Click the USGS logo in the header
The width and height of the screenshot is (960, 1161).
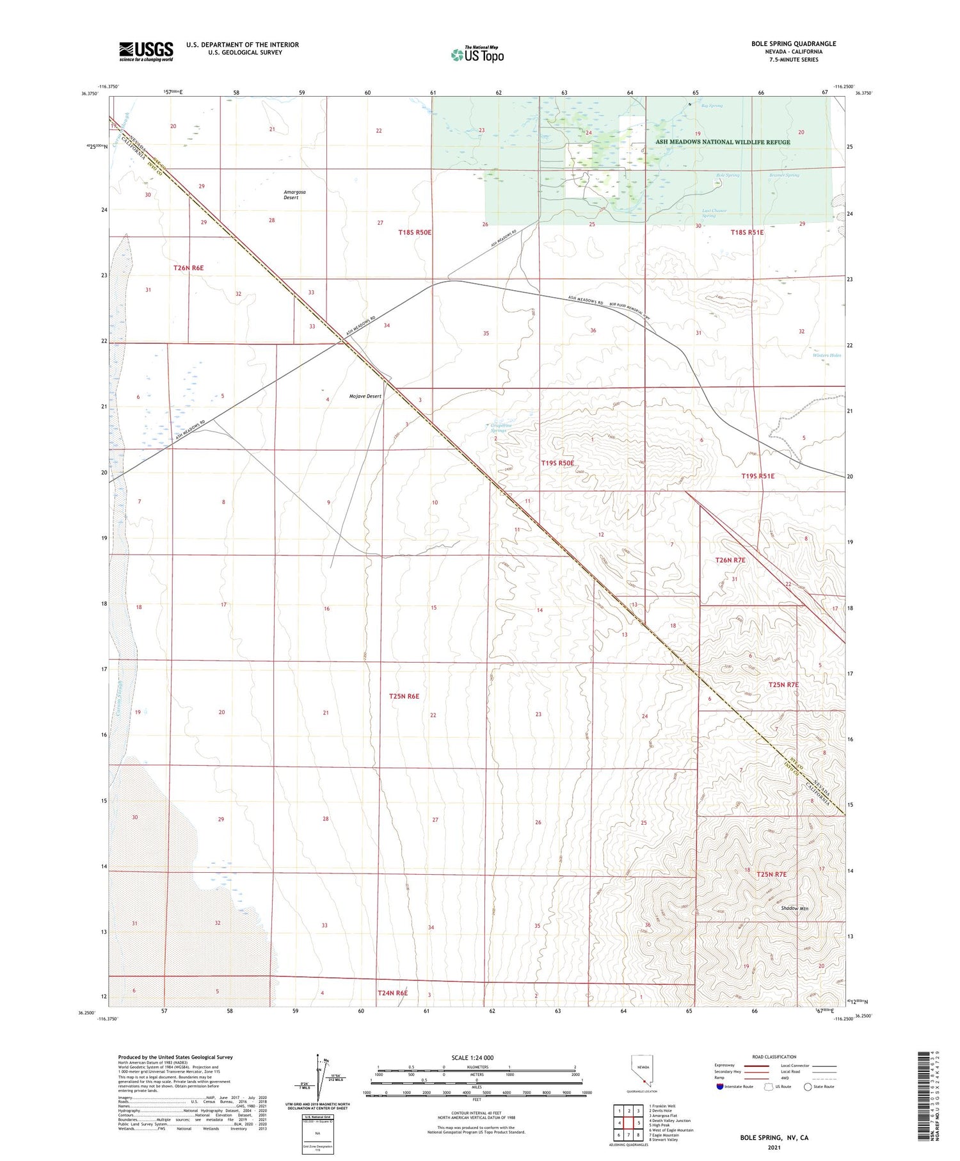(x=146, y=51)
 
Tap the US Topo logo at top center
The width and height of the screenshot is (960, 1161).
(x=477, y=54)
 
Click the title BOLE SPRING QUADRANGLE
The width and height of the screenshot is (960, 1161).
(x=794, y=44)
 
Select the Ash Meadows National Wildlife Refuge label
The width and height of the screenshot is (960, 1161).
(x=722, y=142)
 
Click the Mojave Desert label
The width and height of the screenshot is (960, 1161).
(x=365, y=396)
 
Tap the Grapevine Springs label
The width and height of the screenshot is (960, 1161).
(x=499, y=428)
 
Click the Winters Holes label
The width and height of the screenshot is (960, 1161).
(x=826, y=355)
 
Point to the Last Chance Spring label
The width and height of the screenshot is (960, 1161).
(x=714, y=213)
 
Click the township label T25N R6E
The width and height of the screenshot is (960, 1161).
(x=404, y=696)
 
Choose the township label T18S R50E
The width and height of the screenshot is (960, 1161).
(x=415, y=232)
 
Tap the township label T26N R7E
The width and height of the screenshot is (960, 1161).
(x=730, y=560)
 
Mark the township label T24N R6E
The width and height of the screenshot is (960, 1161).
(x=392, y=993)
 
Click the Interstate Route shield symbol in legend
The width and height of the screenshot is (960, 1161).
(x=720, y=1087)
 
